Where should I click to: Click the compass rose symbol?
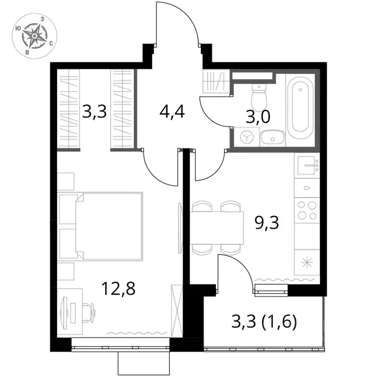coord(35,35)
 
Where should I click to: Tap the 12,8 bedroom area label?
coord(118,289)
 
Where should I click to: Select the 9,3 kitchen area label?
coord(267,222)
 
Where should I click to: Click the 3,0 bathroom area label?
coord(258,117)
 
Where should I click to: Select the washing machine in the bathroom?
coord(247,137)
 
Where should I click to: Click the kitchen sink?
coord(307,165)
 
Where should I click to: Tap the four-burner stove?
coord(307,211)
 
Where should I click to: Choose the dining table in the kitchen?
coord(217,228)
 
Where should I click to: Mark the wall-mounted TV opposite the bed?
coord(180,228)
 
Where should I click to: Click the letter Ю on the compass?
coord(17,28)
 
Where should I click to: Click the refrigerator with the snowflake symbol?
coord(307,262)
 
